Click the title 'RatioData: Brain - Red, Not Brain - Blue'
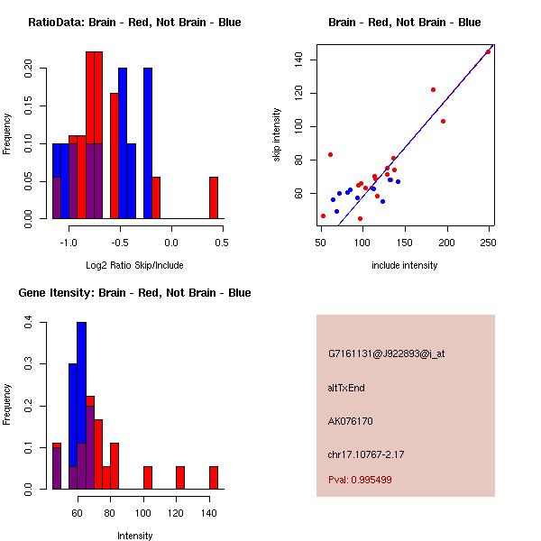click(134, 23)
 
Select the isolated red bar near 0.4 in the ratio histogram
click(214, 197)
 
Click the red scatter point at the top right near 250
click(488, 51)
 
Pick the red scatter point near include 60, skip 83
click(330, 154)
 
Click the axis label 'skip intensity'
click(277, 135)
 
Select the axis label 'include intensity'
click(404, 266)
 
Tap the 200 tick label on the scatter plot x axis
click(446, 242)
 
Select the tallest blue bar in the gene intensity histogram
click(81, 405)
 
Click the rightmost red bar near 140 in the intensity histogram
click(214, 477)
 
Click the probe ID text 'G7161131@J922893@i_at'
click(387, 353)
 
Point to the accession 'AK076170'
click(351, 421)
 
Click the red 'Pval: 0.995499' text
click(360, 481)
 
